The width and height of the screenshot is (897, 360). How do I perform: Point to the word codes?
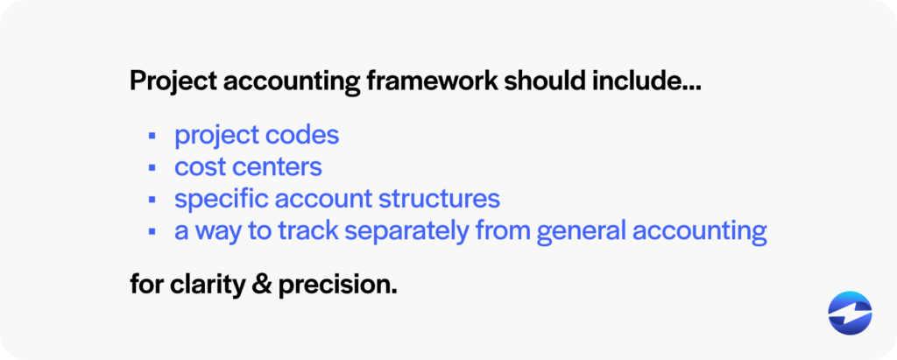click(301, 136)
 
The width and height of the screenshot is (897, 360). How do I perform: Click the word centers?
click(279, 166)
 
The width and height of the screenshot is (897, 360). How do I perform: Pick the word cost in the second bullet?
click(201, 166)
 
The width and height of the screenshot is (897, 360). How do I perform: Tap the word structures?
click(438, 198)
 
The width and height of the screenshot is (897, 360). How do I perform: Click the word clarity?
click(212, 285)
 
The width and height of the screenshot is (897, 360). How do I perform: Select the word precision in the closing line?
click(337, 286)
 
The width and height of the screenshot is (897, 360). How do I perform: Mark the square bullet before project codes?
click(152, 137)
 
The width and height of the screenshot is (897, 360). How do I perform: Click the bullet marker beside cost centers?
click(152, 167)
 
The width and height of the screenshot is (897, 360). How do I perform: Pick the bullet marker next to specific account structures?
click(152, 199)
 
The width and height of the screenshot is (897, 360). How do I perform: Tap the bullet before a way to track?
click(152, 230)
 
